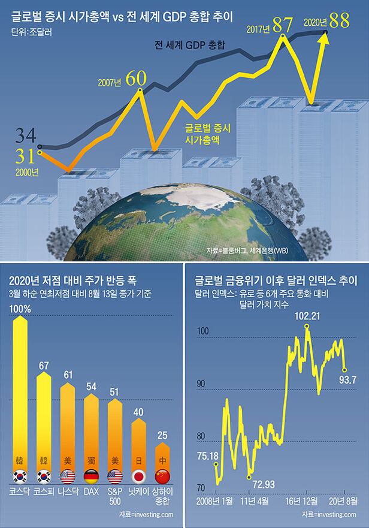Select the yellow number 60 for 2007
point(137,79)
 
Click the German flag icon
point(92,476)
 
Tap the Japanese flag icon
point(139,476)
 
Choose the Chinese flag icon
point(162,476)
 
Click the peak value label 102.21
point(306,316)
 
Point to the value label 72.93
point(264,483)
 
